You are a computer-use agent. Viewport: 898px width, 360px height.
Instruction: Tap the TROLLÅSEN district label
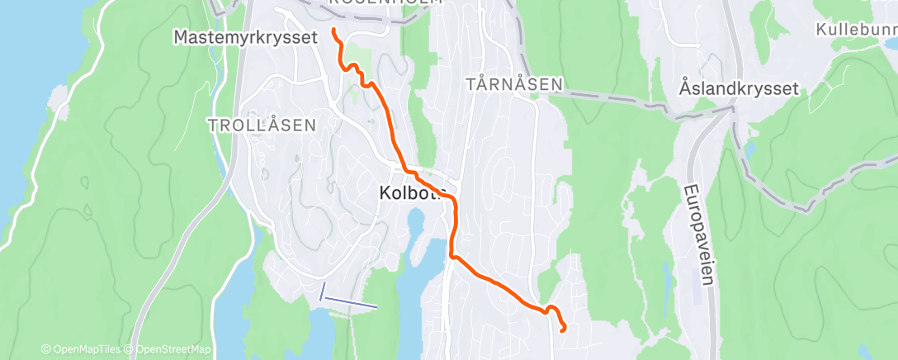[262, 126]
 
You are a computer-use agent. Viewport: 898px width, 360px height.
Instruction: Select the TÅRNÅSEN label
[513, 84]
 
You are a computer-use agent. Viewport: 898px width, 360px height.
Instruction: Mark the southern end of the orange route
[563, 329]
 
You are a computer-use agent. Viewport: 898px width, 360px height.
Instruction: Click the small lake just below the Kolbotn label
[415, 221]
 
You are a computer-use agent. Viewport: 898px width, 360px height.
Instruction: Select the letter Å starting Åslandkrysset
[685, 88]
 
